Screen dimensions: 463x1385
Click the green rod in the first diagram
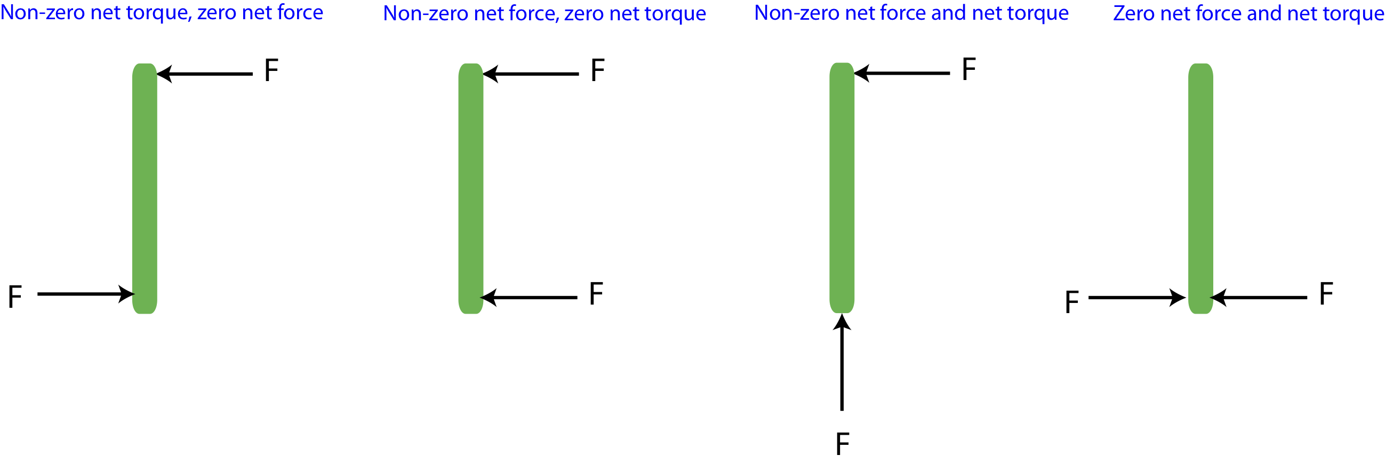[x=145, y=188]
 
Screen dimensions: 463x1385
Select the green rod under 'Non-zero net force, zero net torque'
[x=470, y=188]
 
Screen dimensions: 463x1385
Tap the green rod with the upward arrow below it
[x=842, y=188]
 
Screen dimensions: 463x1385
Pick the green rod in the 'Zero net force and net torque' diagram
[x=1200, y=188]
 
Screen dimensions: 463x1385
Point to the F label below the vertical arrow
[x=843, y=444]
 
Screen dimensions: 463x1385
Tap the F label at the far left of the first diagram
[x=15, y=297]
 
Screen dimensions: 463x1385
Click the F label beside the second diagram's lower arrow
[x=596, y=293]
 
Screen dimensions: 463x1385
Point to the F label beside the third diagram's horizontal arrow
[x=969, y=69]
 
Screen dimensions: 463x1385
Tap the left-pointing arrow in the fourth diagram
[x=1259, y=297]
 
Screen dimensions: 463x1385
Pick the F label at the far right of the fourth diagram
[x=1326, y=293]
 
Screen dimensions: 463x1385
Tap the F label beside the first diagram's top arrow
[x=271, y=70]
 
